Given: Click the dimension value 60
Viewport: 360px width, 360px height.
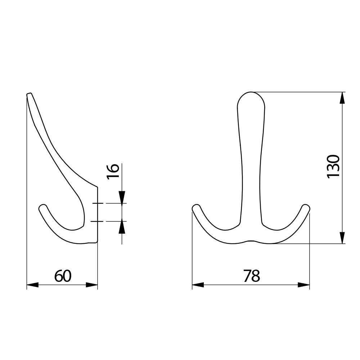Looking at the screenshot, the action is [x=63, y=276].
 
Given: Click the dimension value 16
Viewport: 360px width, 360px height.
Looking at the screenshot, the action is [x=113, y=171].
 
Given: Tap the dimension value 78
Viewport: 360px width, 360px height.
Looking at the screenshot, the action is [x=252, y=276].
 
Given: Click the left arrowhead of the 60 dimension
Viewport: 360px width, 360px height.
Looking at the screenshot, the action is [x=33, y=285].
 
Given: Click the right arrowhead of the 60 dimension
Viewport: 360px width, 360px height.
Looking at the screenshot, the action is [x=92, y=285].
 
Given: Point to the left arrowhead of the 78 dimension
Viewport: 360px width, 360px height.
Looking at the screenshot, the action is [x=198, y=285].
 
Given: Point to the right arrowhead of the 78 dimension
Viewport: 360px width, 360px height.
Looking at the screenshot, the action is [x=304, y=285].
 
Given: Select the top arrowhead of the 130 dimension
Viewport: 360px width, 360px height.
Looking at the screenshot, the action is [x=342, y=98].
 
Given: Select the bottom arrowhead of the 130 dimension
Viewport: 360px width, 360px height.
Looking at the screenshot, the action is [x=342, y=238].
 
